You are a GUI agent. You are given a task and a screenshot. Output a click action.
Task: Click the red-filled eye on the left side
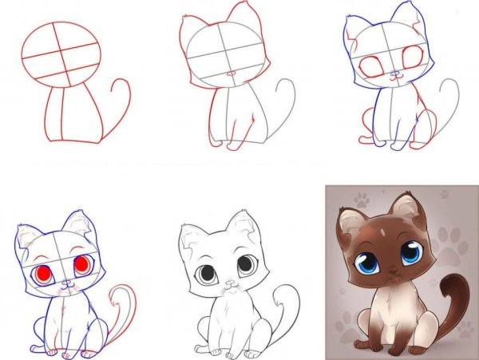(x=45, y=274)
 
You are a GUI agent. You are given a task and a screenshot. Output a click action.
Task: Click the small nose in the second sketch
(x=230, y=74)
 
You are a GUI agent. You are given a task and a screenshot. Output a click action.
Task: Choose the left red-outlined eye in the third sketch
(x=371, y=68)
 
